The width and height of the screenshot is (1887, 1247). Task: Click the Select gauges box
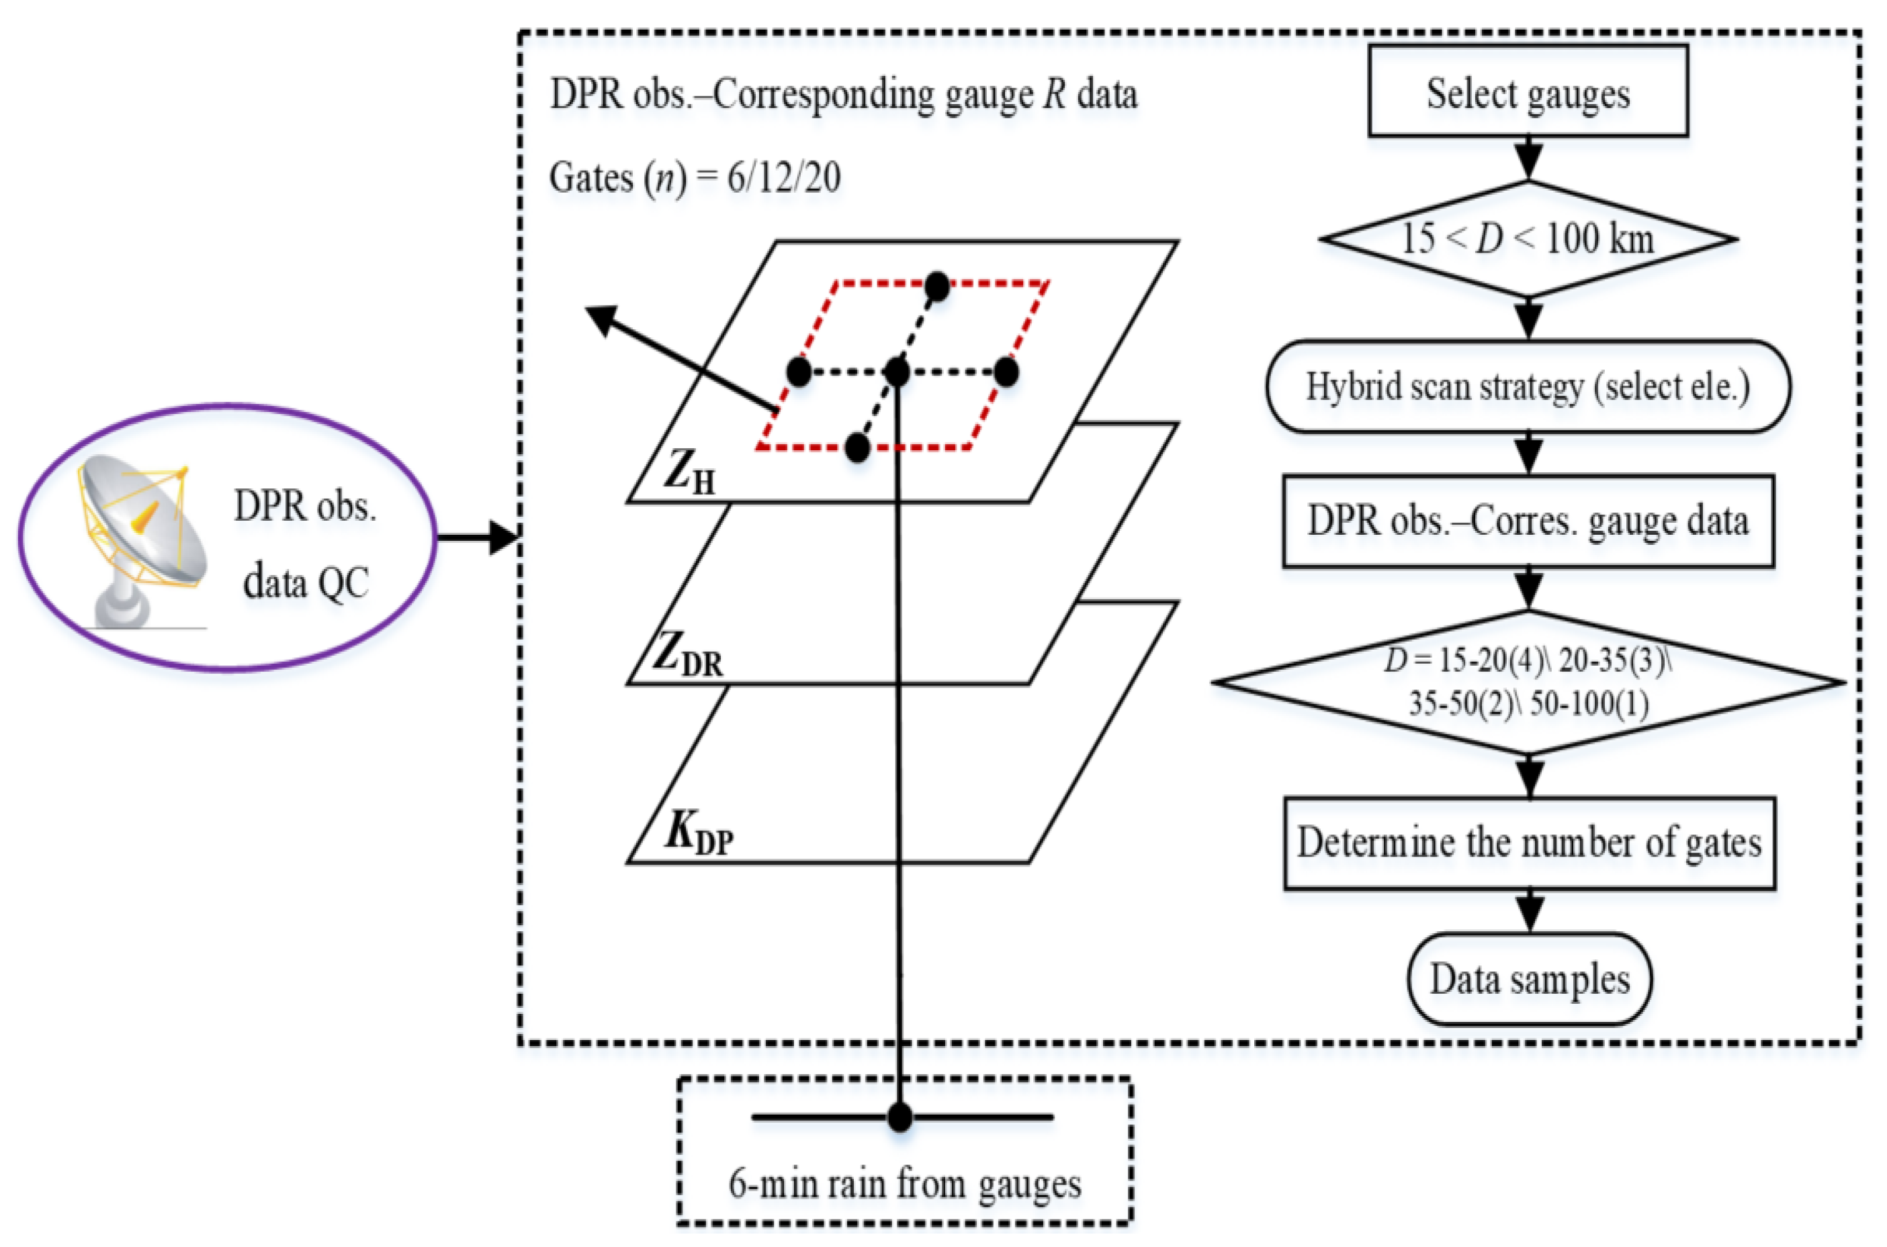[x=1527, y=91]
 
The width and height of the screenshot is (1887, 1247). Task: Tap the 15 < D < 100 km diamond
[x=1527, y=239]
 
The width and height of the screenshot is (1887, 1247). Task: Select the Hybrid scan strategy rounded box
[x=1527, y=386]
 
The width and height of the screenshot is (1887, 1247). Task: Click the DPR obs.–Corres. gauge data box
[x=1527, y=521]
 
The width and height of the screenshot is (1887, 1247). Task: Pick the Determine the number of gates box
[x=1528, y=843]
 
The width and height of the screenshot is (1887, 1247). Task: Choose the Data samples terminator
[x=1528, y=979]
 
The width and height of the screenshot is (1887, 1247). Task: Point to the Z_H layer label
[x=689, y=475]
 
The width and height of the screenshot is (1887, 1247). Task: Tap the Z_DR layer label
[x=689, y=657]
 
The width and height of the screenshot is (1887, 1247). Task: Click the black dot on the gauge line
[x=899, y=1117]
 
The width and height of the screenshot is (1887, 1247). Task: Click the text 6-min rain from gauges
[x=905, y=1183]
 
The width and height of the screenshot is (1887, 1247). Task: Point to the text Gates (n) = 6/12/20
[x=694, y=177]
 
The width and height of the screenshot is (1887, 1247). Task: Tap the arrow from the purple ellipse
[x=477, y=537]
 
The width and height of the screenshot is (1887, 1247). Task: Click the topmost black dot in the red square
[x=938, y=286]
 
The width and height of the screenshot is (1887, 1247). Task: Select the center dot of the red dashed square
[x=897, y=372]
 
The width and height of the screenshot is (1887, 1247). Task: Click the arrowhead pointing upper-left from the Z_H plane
[x=601, y=320]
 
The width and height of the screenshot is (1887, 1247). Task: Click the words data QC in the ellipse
[x=306, y=583]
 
